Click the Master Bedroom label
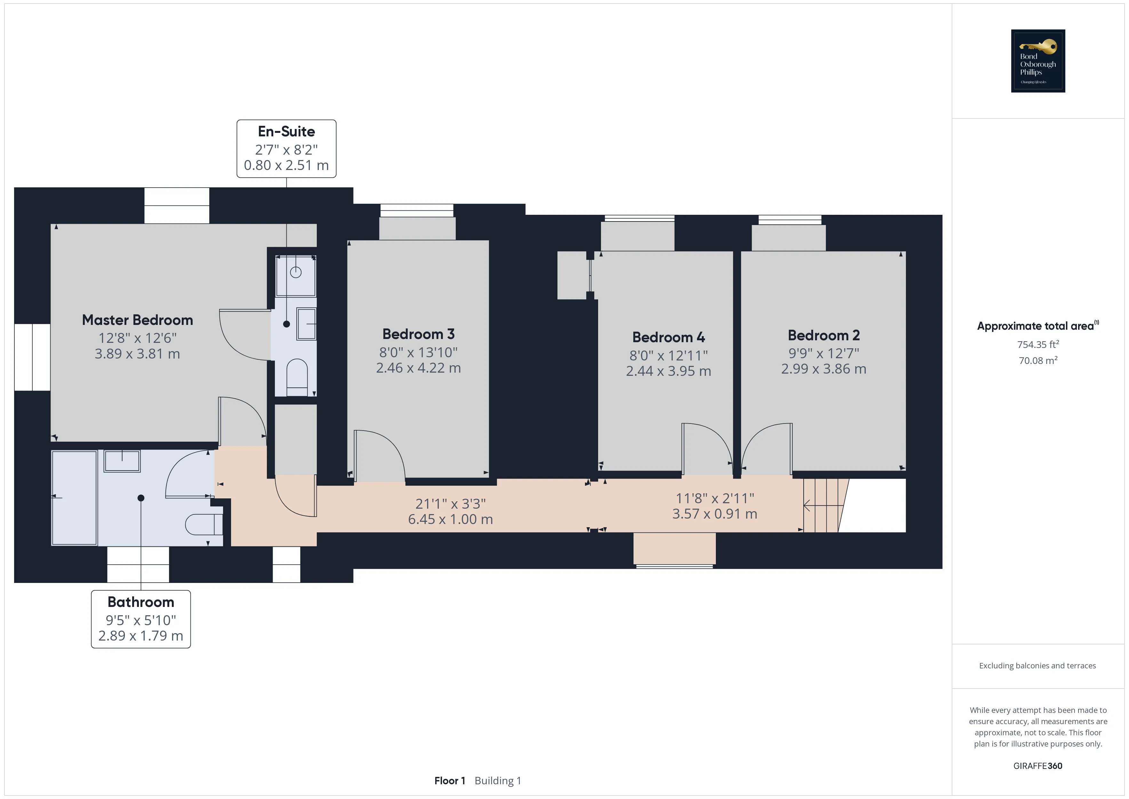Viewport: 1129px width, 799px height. (137, 320)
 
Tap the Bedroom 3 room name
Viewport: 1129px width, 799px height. (419, 334)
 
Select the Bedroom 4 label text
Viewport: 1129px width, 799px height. (668, 337)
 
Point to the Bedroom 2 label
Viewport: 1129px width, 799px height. (824, 335)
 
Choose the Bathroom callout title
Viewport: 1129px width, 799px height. (140, 602)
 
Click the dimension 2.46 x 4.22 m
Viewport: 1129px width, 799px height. (419, 368)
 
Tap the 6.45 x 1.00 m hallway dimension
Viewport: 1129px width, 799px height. (451, 519)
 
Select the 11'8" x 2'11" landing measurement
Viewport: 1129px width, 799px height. (715, 498)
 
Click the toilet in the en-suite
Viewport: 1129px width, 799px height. (297, 377)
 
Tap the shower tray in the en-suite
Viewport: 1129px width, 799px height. (295, 276)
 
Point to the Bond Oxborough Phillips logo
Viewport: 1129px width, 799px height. (1038, 61)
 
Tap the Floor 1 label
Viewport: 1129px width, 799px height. (449, 780)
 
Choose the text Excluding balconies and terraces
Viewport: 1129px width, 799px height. (1037, 666)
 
